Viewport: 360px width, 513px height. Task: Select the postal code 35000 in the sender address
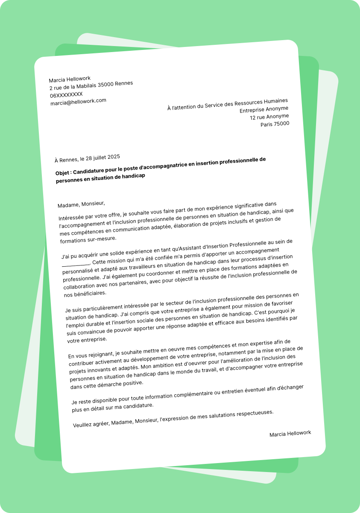(x=106, y=85)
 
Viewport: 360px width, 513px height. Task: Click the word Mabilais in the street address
(x=86, y=86)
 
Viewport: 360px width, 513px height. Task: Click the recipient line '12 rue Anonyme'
(x=269, y=117)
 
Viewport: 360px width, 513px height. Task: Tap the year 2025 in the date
(x=114, y=157)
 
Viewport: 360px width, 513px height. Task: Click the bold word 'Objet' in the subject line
(x=63, y=173)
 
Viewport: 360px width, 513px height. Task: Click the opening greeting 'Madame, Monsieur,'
(x=81, y=204)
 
